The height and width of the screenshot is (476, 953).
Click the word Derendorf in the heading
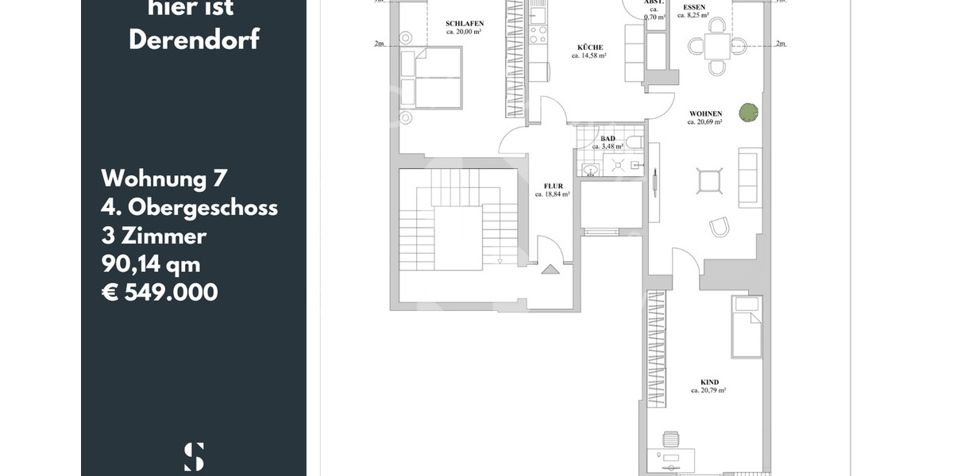[194, 40]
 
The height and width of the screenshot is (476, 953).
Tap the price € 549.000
[160, 292]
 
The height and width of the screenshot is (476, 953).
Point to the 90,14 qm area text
[151, 263]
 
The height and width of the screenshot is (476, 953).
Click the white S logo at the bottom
[194, 457]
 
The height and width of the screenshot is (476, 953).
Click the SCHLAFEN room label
[465, 24]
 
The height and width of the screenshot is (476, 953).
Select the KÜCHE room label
[591, 48]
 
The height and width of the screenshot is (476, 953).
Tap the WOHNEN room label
[705, 114]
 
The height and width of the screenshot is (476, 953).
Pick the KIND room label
[709, 382]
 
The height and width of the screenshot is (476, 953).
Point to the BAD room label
[608, 139]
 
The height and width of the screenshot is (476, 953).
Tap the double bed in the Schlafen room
[431, 77]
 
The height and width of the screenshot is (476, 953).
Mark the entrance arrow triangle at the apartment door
[550, 270]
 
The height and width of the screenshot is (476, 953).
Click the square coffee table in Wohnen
[708, 181]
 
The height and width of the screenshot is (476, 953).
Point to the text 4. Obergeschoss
[189, 207]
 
